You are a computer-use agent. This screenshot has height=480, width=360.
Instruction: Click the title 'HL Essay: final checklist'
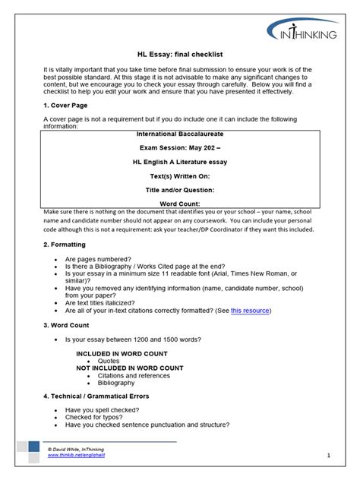180,55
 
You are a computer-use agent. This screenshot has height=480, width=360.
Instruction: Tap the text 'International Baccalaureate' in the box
180,134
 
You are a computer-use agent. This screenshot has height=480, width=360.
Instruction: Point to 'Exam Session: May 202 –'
180,148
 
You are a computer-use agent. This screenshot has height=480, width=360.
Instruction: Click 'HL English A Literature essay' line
180,162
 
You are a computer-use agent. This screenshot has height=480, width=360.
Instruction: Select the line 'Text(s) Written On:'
180,175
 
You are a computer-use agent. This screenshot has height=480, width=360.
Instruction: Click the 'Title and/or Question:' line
180,189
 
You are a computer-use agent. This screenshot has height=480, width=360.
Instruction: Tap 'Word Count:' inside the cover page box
180,204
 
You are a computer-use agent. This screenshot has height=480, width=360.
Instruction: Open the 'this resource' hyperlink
250,310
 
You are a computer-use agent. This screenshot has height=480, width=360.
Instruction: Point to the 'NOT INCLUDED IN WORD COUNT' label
130,368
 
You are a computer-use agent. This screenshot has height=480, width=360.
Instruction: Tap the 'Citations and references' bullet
135,375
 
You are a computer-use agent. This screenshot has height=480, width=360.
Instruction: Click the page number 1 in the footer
329,455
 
